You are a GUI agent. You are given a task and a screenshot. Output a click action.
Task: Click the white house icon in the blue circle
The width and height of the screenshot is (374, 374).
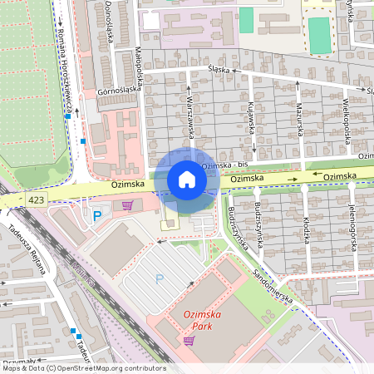click(187, 179)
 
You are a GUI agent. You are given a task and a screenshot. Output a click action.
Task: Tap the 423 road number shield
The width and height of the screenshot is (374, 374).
click(36, 200)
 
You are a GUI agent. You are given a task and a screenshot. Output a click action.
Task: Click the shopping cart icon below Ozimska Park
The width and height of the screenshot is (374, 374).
click(190, 341)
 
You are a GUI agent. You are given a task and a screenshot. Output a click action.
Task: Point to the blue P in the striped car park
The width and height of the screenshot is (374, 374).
click(160, 279)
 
